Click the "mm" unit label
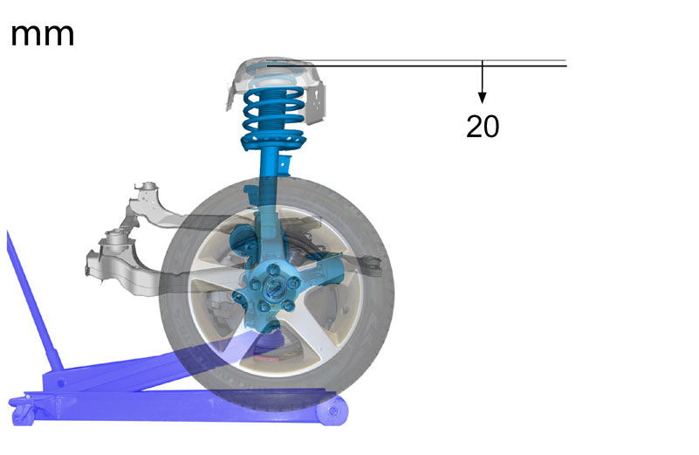coord(43,35)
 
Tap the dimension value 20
coord(483,127)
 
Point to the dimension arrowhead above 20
coord(482,98)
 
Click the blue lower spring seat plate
coord(273,141)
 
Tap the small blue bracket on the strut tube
coord(284,165)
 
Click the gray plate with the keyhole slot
coord(316,105)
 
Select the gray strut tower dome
coord(273,72)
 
